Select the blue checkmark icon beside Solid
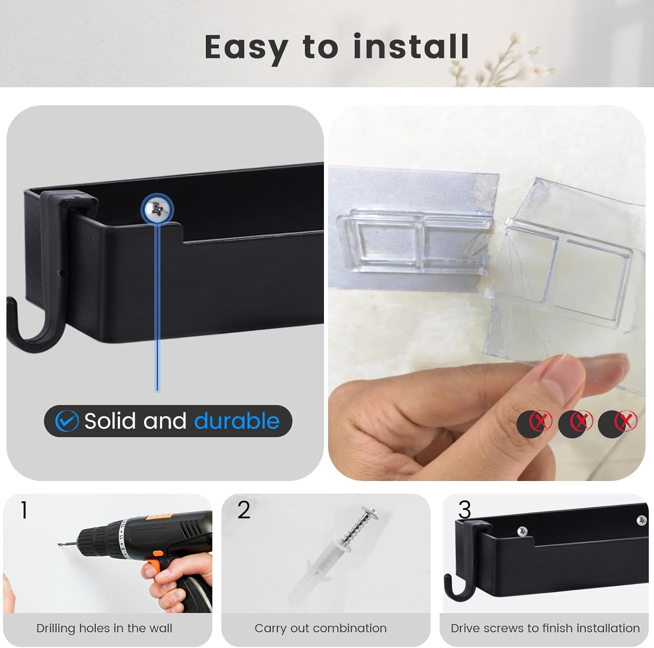pos(67,421)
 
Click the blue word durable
pos(237,421)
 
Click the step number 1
pos(24,510)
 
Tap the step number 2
pos(244,509)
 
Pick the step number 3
pos(465,509)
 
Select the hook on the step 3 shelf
pos(453,587)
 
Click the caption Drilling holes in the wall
pos(104,628)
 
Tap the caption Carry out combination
pos(320,628)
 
